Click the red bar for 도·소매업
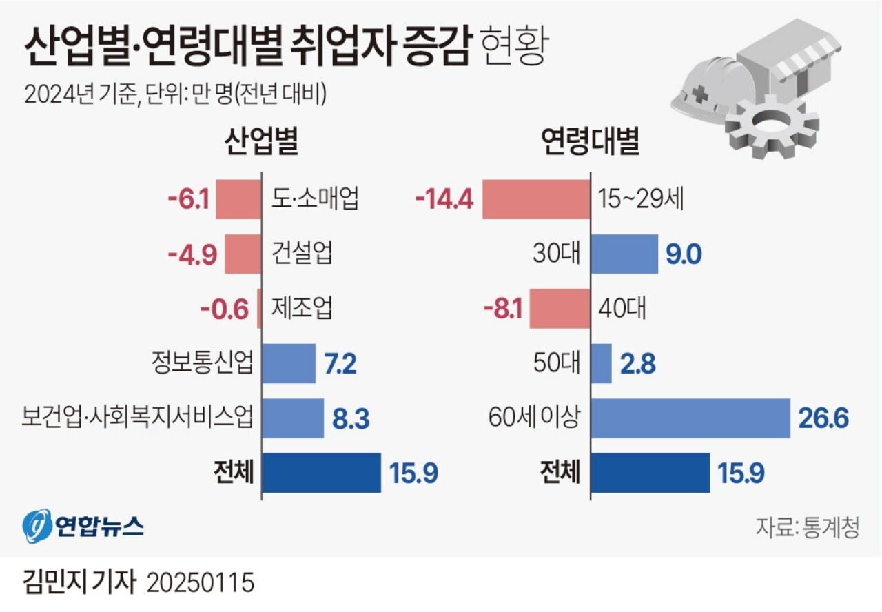[238, 200]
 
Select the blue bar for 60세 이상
[690, 418]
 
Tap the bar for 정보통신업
[288, 363]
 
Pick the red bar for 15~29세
[535, 200]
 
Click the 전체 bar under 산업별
[321, 473]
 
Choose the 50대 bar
[601, 363]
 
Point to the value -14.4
[444, 200]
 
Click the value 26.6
[823, 418]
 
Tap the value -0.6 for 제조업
[224, 309]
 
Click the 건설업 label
[300, 254]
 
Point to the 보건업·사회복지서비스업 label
[137, 418]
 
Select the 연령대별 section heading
[590, 142]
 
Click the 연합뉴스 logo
[83, 527]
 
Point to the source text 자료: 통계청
[807, 528]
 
